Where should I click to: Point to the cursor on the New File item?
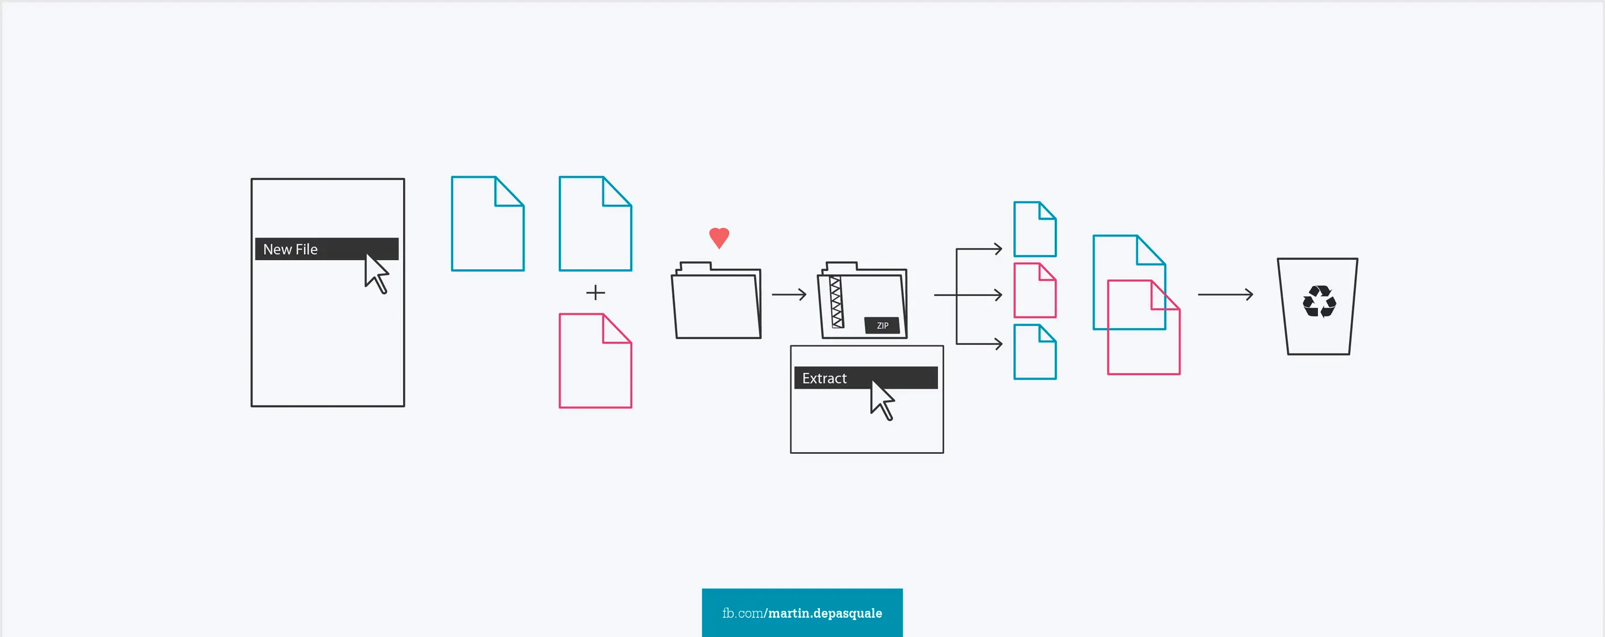[x=376, y=273]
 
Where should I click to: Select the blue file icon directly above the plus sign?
[x=595, y=224]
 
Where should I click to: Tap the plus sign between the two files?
[x=596, y=292]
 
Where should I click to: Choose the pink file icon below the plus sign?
[x=595, y=361]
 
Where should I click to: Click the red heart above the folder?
[x=719, y=237]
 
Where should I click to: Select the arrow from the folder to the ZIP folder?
[x=789, y=295]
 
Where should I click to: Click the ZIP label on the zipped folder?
[x=882, y=326]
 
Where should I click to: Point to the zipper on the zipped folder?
[x=836, y=303]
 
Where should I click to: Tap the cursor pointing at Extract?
[x=881, y=401]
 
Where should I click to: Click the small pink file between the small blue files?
[x=1034, y=291]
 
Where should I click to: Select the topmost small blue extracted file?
[x=1034, y=229]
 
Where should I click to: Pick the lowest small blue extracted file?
[x=1034, y=352]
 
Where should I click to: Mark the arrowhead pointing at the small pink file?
[x=998, y=295]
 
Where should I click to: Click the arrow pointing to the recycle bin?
[x=1225, y=295]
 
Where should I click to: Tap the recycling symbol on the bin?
[x=1319, y=302]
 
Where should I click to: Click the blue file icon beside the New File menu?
[x=487, y=224]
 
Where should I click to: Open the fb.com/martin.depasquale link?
[x=802, y=613]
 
